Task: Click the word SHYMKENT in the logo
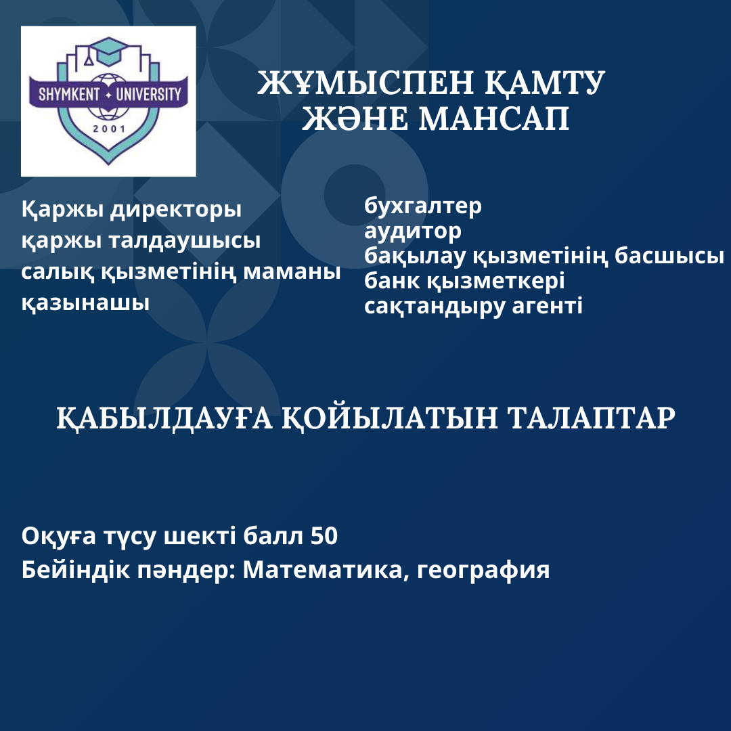point(69,94)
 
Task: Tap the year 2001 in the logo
point(108,128)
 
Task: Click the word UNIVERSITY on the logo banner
point(148,94)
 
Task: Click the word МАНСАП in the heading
point(493,118)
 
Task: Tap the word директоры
point(176,210)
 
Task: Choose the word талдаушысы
point(185,240)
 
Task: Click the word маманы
point(292,272)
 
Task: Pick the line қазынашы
point(85,303)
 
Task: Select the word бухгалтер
point(423,206)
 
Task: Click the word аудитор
point(413,231)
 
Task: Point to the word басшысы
point(669,256)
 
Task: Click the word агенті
point(548,306)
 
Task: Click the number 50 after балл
point(324,536)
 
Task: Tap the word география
point(483,571)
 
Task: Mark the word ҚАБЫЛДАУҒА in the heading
point(164,418)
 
